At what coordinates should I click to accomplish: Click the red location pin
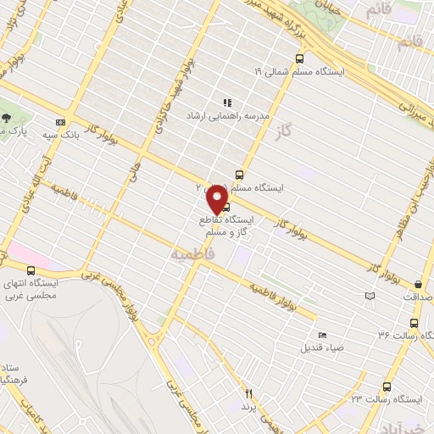pyautogui.click(x=217, y=200)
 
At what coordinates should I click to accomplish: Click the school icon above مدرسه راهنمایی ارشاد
pyautogui.click(x=227, y=103)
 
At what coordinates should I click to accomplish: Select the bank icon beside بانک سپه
pyautogui.click(x=60, y=122)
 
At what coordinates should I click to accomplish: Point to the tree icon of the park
pyautogui.click(x=7, y=119)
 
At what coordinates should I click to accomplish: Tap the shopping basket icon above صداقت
pyautogui.click(x=418, y=284)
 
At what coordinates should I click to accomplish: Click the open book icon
pyautogui.click(x=369, y=296)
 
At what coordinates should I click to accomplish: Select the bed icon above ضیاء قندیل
pyautogui.click(x=320, y=335)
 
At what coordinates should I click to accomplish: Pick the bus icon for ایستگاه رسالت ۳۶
pyautogui.click(x=414, y=323)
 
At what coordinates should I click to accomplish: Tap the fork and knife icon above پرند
pyautogui.click(x=249, y=393)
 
